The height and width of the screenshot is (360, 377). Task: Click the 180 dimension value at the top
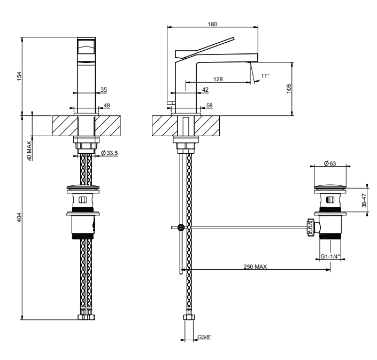tap(212, 24)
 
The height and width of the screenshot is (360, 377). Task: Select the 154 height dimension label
tap(19, 76)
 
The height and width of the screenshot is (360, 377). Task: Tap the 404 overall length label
tap(19, 217)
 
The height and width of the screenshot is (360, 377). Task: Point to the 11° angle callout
tap(265, 76)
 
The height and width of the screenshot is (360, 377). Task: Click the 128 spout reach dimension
tap(218, 79)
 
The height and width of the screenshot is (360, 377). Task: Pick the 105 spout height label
tap(289, 89)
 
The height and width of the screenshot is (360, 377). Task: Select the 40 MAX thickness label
tap(29, 151)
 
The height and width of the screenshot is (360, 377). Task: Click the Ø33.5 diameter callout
tap(110, 153)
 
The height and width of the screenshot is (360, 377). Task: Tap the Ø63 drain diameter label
tap(330, 163)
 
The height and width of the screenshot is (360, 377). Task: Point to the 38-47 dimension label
tap(364, 200)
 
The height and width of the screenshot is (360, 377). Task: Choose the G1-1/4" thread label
tap(330, 256)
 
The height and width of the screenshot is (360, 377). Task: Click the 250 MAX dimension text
tap(255, 267)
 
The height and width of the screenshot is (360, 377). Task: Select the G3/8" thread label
tap(204, 337)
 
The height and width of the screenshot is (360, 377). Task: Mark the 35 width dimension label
tap(104, 90)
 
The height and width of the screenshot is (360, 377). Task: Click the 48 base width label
tap(107, 105)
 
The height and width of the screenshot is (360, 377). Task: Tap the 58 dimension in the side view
tap(210, 105)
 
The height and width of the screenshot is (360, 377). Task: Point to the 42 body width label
tap(205, 90)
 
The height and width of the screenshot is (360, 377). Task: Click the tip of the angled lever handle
tap(234, 38)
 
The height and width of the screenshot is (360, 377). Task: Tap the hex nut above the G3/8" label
tap(189, 317)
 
